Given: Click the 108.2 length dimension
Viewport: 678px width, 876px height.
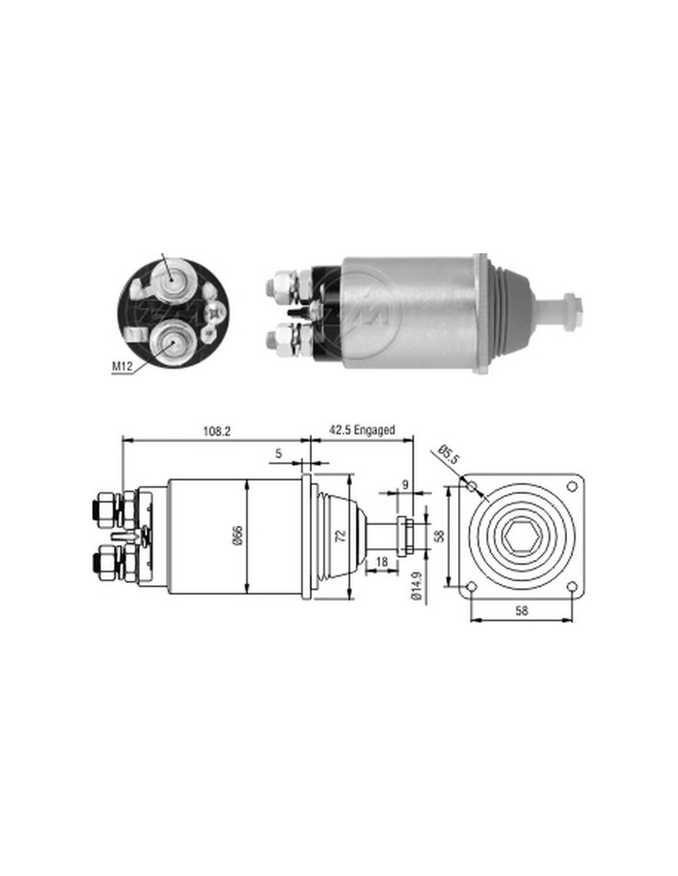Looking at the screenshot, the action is tap(216, 431).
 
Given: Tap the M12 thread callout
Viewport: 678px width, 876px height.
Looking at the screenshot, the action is tap(121, 366).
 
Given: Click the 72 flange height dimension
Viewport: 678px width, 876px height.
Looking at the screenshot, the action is tap(341, 536).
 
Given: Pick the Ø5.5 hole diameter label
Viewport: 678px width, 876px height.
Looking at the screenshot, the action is tap(449, 455).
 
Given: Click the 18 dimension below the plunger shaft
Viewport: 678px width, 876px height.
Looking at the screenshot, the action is tap(382, 562).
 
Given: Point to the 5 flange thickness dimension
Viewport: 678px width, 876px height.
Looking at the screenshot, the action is tap(279, 453).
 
